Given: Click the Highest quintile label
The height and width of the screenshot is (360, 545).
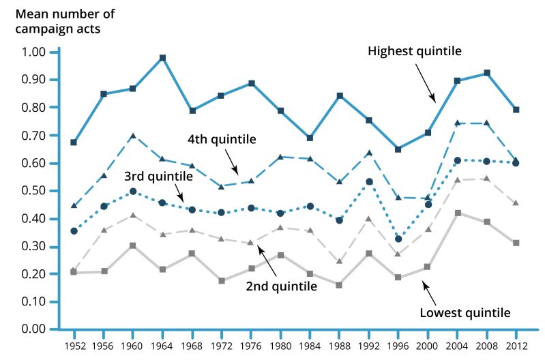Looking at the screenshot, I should point(415,51).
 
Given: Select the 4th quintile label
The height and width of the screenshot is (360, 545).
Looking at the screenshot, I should point(222,140).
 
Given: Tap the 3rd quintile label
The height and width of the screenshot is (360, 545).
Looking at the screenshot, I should point(159,175).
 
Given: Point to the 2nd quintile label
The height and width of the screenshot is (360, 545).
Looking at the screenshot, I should point(282,286).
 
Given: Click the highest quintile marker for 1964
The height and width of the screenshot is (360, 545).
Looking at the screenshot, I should point(162,58).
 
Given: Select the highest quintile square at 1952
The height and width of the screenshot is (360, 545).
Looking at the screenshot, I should point(73,142).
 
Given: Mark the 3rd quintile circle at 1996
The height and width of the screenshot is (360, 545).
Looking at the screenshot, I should point(398,239).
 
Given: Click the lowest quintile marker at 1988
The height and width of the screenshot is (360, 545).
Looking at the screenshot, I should point(339,284).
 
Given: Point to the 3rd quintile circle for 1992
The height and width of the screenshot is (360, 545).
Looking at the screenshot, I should point(369,181).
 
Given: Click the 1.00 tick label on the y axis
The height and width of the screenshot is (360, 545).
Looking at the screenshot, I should point(34,52).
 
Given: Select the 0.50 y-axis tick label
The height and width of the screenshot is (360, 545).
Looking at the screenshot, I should point(34,190).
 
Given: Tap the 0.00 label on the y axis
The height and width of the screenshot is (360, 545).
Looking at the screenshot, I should point(34,329).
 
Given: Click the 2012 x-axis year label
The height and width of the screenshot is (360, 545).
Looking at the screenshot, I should point(516,346).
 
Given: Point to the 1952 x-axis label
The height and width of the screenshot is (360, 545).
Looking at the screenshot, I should point(74,346).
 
